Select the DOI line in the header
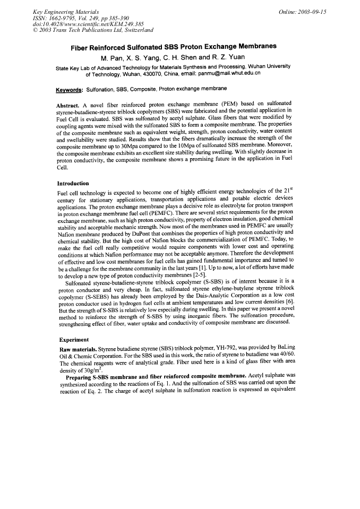coord(76,24)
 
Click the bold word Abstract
coord(67,103)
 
